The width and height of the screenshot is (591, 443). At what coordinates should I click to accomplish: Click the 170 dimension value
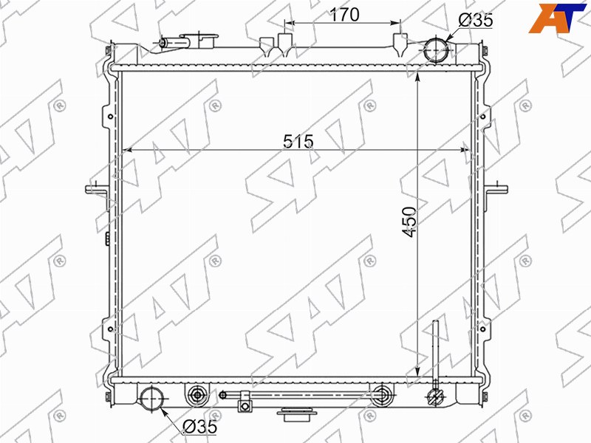point(344,15)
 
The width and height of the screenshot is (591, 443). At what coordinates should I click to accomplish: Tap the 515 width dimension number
point(298,141)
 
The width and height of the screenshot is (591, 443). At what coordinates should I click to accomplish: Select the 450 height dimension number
point(409,221)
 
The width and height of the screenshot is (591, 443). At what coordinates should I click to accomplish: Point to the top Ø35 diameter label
point(476,20)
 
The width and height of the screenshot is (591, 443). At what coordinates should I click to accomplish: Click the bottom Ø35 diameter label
point(199,427)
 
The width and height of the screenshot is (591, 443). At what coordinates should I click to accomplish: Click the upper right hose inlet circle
point(437,49)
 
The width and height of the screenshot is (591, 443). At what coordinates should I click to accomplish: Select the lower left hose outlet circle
point(152,399)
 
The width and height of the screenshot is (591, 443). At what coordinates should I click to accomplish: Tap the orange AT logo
point(557,18)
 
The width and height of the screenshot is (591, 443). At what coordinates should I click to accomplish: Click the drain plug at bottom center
point(297,414)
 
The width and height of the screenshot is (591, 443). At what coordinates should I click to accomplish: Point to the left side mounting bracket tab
point(95,189)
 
